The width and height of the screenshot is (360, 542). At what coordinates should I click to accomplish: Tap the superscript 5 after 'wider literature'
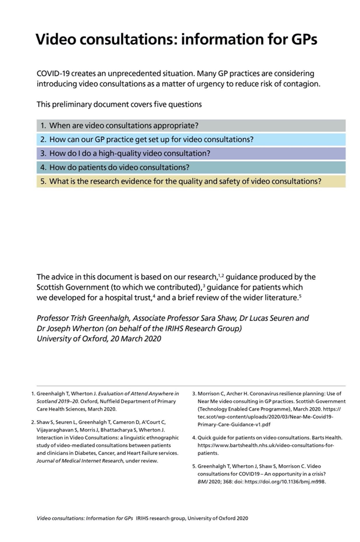(x=299, y=295)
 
